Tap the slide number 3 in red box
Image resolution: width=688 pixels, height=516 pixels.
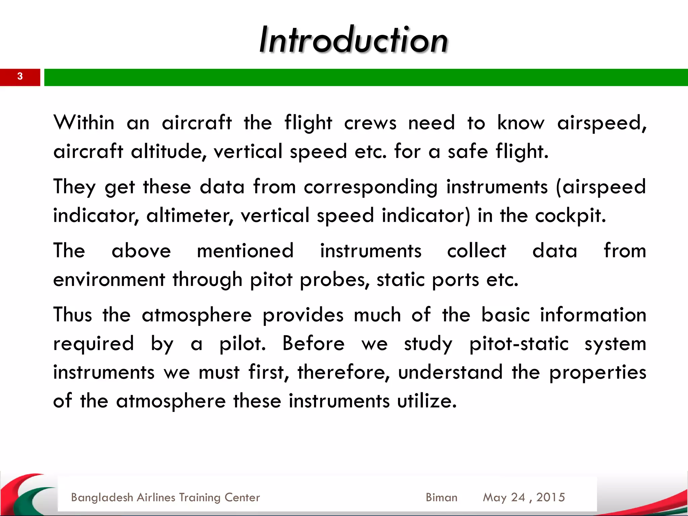[x=20, y=77]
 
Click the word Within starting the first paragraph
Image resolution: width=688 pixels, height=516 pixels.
[x=84, y=123]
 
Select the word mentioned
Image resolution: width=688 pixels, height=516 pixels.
[x=245, y=251]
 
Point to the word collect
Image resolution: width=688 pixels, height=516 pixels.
[x=476, y=251]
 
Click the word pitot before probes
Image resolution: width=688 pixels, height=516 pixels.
[x=271, y=280]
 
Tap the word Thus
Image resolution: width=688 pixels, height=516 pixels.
[x=73, y=315]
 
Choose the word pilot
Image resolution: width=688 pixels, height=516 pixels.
[x=242, y=344]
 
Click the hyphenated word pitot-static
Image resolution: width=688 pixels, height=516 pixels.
[x=519, y=344]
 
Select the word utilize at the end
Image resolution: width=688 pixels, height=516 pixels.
[x=427, y=401]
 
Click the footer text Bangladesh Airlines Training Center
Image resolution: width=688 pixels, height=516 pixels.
[x=165, y=498]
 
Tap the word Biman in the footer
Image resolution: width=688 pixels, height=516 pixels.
[x=441, y=498]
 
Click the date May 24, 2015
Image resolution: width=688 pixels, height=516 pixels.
[x=524, y=498]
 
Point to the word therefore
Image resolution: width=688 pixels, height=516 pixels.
[x=343, y=373]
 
